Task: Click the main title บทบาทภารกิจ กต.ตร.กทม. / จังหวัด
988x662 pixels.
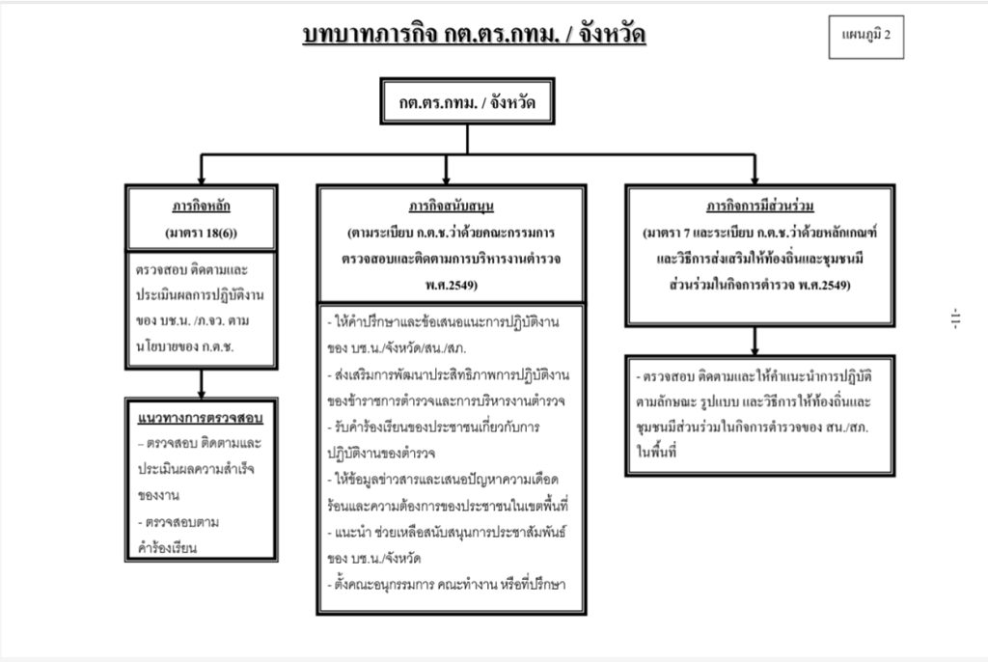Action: [x=474, y=36]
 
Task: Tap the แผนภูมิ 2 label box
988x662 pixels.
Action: [x=865, y=36]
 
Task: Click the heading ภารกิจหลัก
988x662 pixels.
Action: [x=201, y=207]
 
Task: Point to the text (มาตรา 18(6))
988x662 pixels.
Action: [x=201, y=233]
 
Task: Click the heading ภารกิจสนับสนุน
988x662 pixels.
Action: [x=452, y=207]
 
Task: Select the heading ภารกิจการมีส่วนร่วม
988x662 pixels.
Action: [x=759, y=207]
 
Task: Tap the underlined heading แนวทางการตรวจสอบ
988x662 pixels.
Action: [x=201, y=419]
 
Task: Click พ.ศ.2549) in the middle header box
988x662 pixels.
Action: [x=452, y=285]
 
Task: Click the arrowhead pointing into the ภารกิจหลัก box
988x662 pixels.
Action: [x=201, y=179]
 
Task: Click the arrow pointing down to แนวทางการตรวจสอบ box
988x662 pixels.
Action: [x=201, y=389]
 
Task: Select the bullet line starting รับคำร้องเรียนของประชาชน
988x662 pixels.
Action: [x=436, y=426]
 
